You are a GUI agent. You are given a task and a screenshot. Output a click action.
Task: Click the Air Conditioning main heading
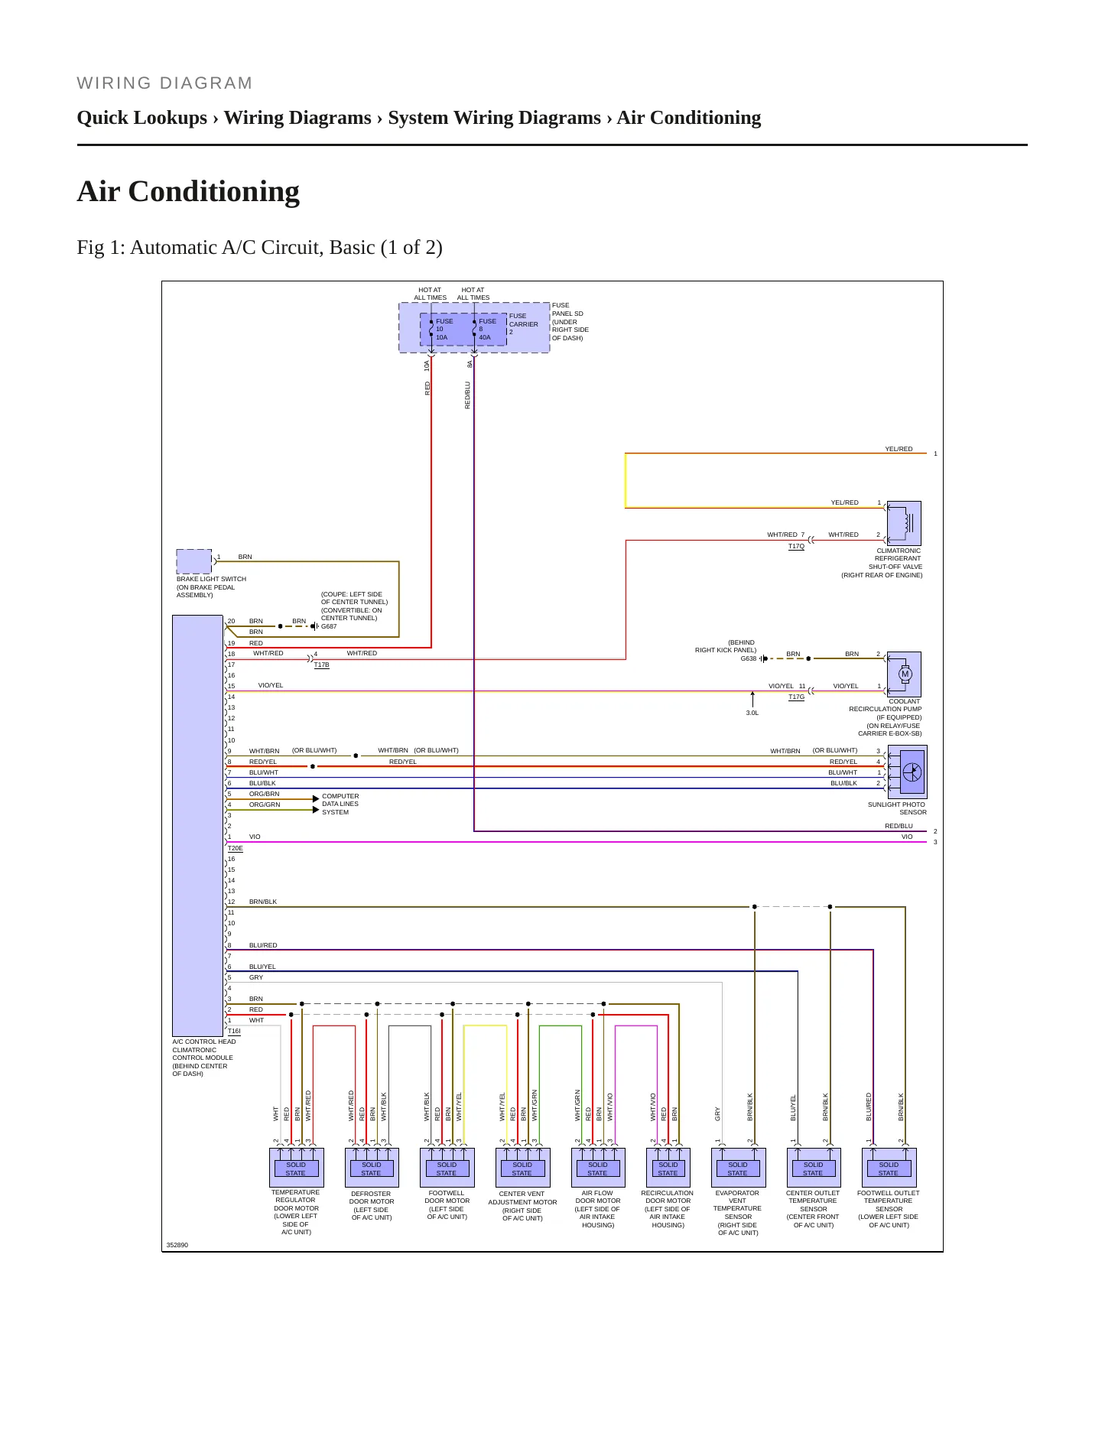pos(188,191)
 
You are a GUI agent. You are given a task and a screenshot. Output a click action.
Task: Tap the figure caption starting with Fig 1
pos(259,247)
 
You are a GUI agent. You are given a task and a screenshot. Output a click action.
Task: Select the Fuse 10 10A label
pos(444,329)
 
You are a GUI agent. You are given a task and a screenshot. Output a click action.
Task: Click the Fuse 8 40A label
pos(487,329)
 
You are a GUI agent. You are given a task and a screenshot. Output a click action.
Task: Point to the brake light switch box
pos(194,561)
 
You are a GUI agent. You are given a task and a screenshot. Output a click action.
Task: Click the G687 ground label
pos(329,626)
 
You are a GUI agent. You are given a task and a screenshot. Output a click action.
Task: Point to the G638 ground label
pos(748,658)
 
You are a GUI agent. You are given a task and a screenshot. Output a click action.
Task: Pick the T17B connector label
pos(322,665)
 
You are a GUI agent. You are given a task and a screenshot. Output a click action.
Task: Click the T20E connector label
pos(236,848)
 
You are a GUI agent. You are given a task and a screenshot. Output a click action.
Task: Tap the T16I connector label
pos(234,1031)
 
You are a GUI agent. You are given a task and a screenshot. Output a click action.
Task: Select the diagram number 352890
pos(177,1245)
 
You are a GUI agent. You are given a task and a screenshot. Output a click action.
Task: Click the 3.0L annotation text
pos(752,713)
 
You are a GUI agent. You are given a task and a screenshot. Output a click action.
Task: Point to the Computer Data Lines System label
pos(340,804)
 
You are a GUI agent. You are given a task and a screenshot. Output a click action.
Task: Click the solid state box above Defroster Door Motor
pos(372,1168)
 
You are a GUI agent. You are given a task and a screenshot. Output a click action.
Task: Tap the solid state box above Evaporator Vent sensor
pos(738,1168)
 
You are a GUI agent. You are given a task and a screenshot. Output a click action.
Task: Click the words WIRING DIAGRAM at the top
pos(164,83)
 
